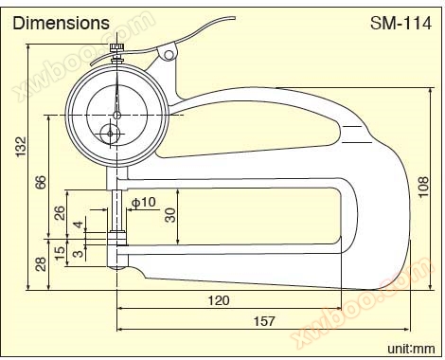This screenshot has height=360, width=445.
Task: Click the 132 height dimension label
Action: point(21,147)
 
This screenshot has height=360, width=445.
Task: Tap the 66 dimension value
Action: point(41,182)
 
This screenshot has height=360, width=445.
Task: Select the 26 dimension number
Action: point(60,213)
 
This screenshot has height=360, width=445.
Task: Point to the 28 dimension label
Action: point(41,264)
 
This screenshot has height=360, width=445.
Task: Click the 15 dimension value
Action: point(60,253)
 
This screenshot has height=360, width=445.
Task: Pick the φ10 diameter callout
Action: point(144,202)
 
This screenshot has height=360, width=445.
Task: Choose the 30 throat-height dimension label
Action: point(170,215)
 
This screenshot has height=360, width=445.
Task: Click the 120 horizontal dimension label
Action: point(219,300)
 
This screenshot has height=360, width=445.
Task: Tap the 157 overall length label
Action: point(264,321)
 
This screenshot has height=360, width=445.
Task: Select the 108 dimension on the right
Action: point(423,187)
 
